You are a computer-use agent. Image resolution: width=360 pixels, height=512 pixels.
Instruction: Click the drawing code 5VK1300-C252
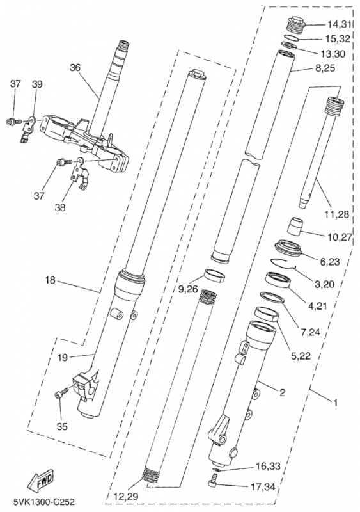[x=44, y=501]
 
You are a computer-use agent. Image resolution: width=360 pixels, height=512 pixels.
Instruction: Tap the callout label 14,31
[x=339, y=24]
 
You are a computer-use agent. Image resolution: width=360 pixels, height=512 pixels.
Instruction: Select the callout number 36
[x=75, y=68]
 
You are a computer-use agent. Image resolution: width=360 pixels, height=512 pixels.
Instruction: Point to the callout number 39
[x=37, y=84]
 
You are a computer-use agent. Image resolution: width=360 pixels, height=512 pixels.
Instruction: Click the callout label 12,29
[x=126, y=497]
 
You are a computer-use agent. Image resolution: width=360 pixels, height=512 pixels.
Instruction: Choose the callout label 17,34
[x=263, y=487]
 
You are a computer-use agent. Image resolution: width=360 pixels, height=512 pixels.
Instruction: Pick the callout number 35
[x=62, y=426]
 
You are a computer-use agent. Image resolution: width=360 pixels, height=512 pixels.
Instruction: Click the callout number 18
[x=51, y=280]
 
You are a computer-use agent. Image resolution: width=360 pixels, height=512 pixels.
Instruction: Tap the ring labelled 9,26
[x=215, y=275]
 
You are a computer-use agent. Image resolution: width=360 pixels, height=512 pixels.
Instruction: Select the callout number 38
[x=60, y=207]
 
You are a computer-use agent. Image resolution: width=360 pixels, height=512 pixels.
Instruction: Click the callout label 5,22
[x=301, y=356]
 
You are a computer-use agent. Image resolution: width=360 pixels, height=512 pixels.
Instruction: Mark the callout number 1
[x=335, y=403]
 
